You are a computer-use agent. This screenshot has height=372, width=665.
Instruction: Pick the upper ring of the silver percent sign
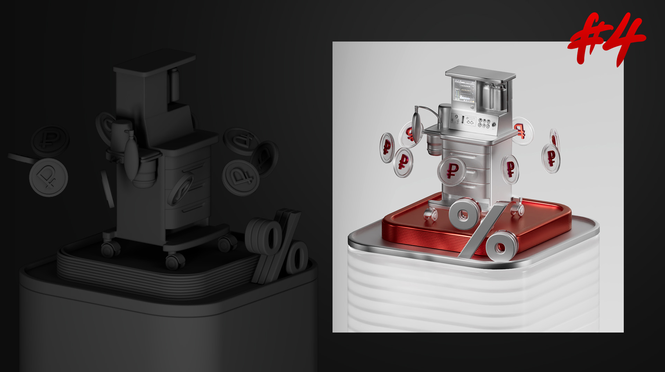[x=464, y=214]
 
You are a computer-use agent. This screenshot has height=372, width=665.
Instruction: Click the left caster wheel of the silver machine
[x=431, y=214]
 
